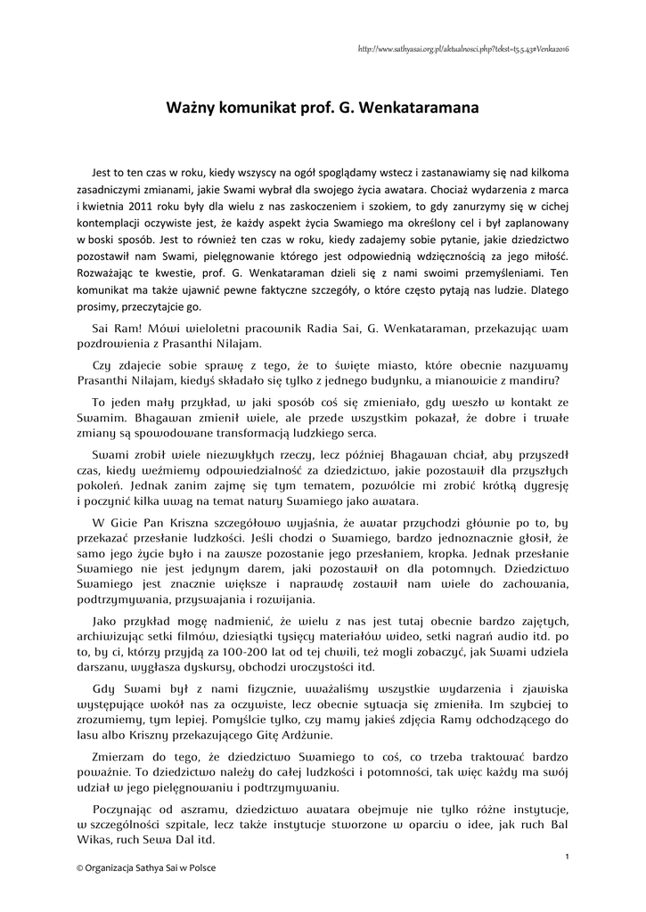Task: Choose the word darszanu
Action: point(102,667)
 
